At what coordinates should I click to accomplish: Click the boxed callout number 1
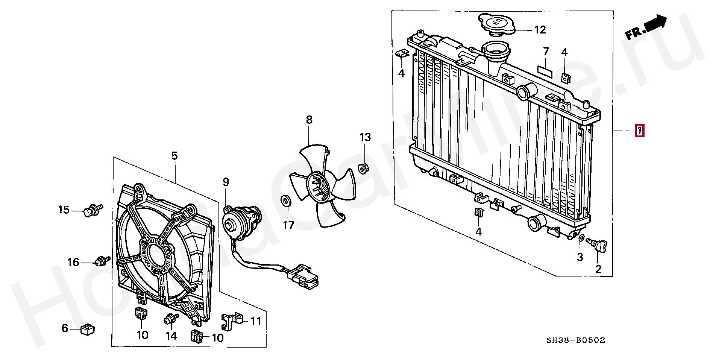point(639,131)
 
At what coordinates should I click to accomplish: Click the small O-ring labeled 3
point(581,238)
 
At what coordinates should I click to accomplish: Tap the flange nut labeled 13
point(363,168)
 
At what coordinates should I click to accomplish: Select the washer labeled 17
point(285,201)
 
